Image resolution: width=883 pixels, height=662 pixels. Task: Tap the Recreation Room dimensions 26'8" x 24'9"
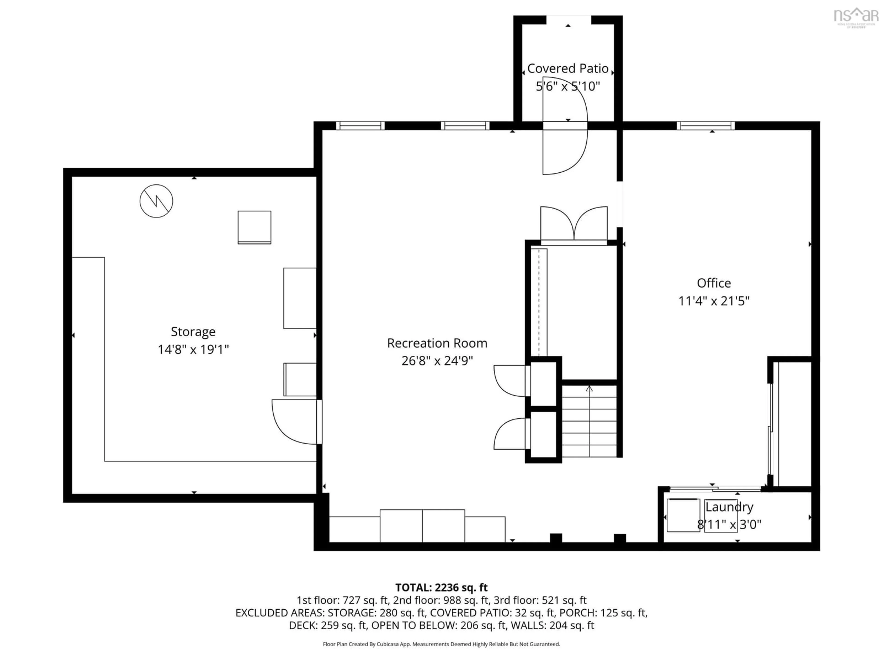pyautogui.click(x=437, y=361)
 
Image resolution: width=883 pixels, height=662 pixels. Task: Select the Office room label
pyautogui.click(x=714, y=283)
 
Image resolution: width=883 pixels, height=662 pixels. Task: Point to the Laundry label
pyautogui.click(x=729, y=507)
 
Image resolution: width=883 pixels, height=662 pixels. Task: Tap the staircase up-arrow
pyautogui.click(x=589, y=389)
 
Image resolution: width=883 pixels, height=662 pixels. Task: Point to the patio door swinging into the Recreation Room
pyautogui.click(x=565, y=152)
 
